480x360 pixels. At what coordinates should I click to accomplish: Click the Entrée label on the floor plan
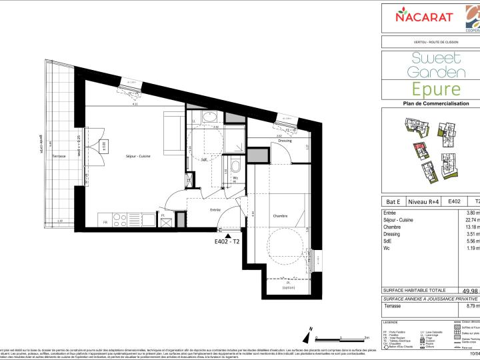point(215,209)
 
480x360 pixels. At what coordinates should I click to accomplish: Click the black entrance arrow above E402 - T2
point(229,236)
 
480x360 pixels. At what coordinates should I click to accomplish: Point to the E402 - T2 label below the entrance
point(228,243)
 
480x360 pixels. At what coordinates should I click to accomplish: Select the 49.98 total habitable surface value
point(469,291)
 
